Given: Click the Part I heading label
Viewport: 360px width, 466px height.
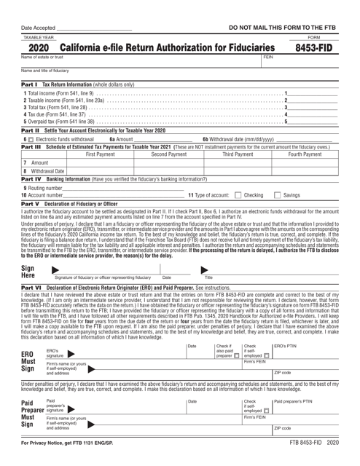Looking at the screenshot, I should click(18, 84).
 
